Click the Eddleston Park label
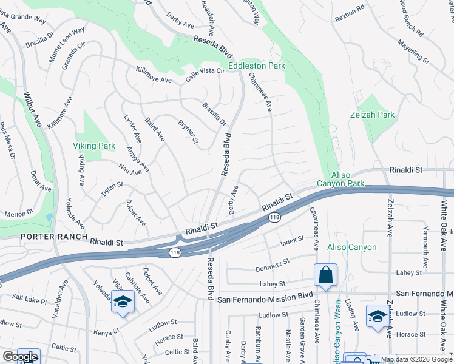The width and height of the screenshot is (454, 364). (x=257, y=65)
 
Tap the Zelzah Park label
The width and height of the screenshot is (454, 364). (x=372, y=115)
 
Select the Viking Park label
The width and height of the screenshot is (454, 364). (x=94, y=146)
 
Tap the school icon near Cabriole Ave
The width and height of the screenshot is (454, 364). (x=123, y=303)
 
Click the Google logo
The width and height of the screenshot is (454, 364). (x=20, y=357)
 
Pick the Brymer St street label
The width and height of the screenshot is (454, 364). (x=188, y=132)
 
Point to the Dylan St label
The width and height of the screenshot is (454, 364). (x=112, y=188)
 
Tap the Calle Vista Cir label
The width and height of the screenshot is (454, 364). (x=205, y=71)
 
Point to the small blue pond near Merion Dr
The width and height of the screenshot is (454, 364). (x=49, y=217)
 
